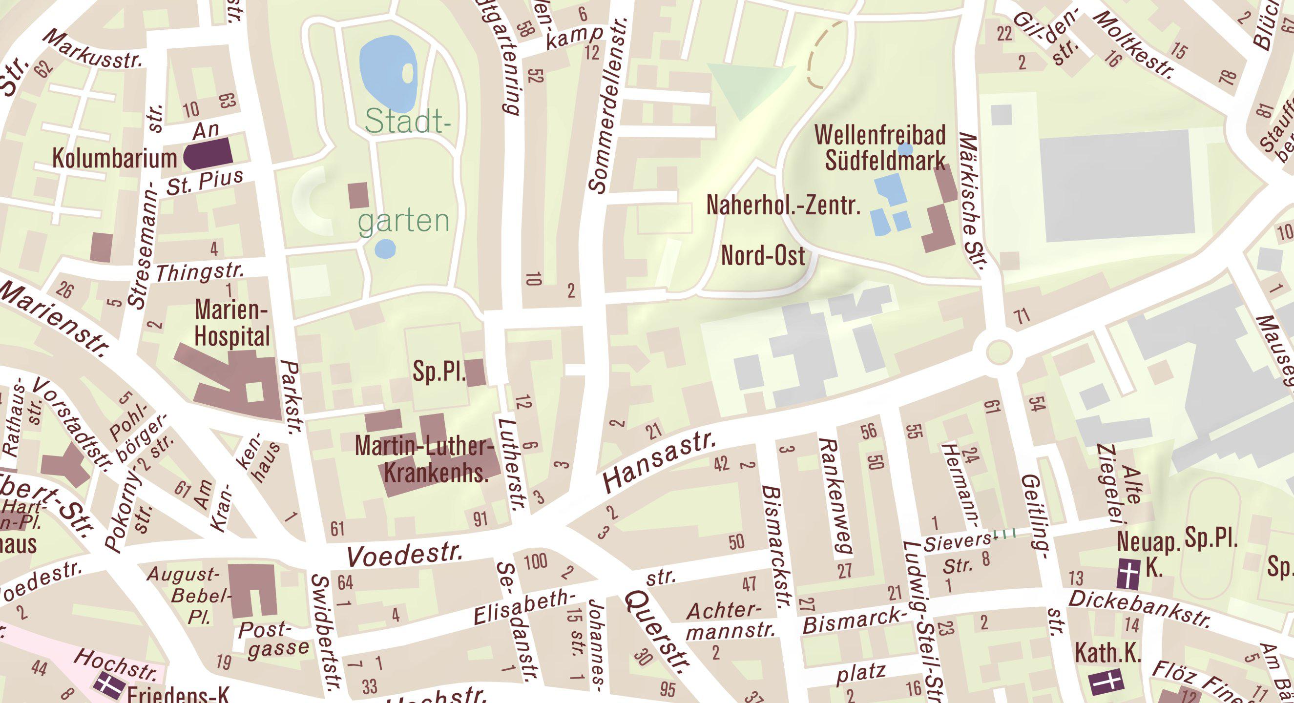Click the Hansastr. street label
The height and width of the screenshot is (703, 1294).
(659, 463)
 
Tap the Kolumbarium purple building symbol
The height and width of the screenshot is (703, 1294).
(208, 154)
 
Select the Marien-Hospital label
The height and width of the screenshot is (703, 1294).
(231, 323)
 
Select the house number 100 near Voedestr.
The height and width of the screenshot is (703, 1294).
(536, 561)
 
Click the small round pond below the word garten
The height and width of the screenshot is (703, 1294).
(385, 248)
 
